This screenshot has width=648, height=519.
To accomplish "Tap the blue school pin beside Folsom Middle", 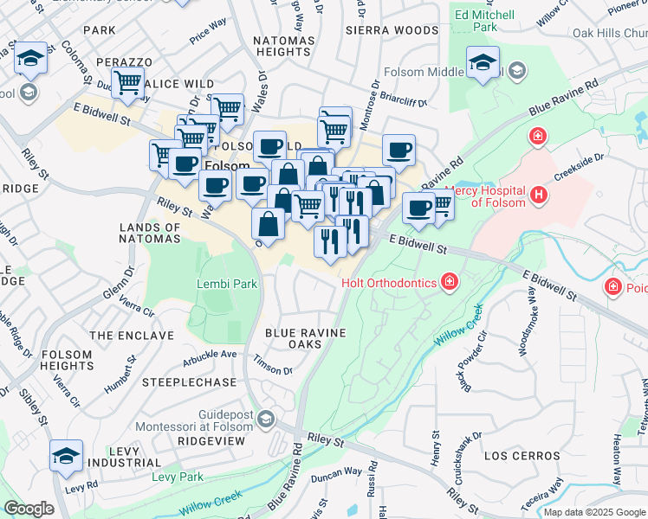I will (x=483, y=62).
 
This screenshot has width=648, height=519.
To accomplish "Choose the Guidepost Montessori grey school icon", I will (x=267, y=421).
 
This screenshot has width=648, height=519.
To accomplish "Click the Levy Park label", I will (x=178, y=477).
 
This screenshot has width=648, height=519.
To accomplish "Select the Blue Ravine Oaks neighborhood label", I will (x=305, y=338).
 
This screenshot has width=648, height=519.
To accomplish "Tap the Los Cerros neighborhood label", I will (x=513, y=455).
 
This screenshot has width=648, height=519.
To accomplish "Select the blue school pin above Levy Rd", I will (x=66, y=456).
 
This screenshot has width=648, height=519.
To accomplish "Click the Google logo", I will (x=29, y=509).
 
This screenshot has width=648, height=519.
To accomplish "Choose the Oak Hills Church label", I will (x=609, y=34).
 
